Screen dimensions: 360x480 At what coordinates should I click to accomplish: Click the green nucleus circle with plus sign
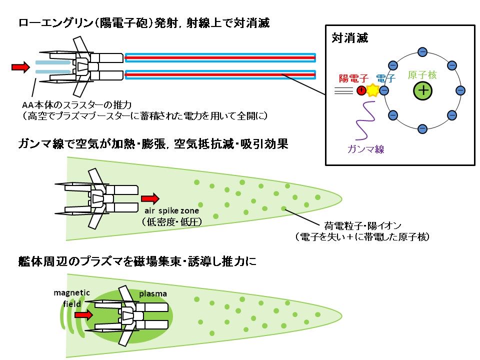422,90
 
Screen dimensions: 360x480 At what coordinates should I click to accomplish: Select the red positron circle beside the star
361,90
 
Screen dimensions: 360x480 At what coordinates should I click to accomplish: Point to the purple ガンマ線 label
366,148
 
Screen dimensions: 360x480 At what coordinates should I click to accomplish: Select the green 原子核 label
422,75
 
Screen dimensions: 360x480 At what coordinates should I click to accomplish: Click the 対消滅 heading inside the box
350,38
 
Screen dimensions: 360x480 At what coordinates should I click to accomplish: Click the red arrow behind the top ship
20,66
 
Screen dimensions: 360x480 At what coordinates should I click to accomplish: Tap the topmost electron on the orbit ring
422,51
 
